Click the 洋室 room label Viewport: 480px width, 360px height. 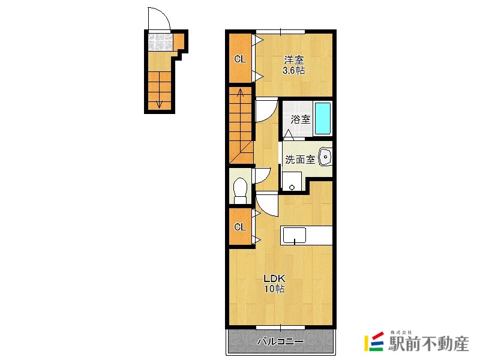tap(294, 59)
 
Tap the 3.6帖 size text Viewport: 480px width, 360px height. tap(293, 70)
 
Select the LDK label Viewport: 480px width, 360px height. tap(275, 278)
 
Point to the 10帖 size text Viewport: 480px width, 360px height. tap(275, 289)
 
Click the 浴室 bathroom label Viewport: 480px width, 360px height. tap(301, 119)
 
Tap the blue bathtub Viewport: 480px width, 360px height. tap(323, 118)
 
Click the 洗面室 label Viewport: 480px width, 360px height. tap(300, 159)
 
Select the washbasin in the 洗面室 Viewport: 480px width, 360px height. tap(325, 157)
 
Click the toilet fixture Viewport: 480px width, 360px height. tap(241, 190)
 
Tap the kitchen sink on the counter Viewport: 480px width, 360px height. tap(294, 235)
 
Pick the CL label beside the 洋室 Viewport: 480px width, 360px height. tap(240, 59)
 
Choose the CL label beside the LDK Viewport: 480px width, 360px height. tap(240, 227)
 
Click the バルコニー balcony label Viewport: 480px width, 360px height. tap(280, 341)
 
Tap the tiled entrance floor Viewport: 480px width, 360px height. tap(160, 42)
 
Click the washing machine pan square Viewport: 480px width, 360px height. tap(292, 181)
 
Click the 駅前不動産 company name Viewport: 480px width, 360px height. tap(428, 343)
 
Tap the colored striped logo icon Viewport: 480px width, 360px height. tap(374, 341)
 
